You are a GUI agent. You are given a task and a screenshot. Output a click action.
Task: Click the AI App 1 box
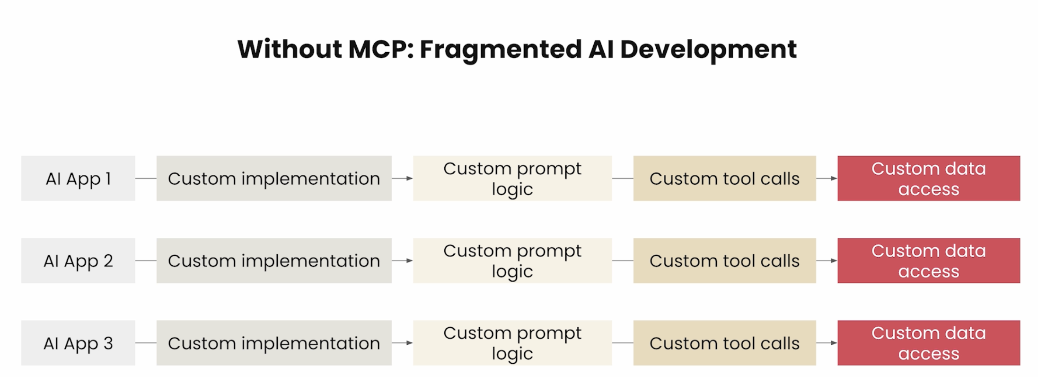78,179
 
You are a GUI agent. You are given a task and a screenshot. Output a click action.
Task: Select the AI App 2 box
78,260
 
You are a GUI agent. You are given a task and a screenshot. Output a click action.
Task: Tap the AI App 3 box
78,343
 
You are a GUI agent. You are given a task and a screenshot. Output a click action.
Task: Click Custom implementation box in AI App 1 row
274,179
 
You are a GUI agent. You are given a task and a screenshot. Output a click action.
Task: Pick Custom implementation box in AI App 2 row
274,260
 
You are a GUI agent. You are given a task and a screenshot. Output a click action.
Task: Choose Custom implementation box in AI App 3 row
274,343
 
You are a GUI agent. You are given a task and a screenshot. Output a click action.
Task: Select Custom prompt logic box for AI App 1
512,179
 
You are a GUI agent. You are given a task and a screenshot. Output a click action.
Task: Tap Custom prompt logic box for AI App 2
512,260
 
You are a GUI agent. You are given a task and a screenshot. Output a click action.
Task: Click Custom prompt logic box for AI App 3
512,343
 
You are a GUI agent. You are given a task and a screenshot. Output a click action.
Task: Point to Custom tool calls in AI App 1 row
725,179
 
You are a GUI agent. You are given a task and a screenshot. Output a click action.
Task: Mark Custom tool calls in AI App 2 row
725,260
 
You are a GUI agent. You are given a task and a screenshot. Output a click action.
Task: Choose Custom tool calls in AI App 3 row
725,343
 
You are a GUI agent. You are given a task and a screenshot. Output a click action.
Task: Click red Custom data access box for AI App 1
929,179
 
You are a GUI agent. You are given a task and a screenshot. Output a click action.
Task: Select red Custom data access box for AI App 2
929,260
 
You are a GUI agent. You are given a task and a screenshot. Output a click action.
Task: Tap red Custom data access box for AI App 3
929,343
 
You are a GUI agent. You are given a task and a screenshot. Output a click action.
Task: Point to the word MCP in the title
381,49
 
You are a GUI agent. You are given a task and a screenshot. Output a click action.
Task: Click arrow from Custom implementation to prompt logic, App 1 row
402,179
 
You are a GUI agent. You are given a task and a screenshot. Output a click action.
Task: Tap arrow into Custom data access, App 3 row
827,343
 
